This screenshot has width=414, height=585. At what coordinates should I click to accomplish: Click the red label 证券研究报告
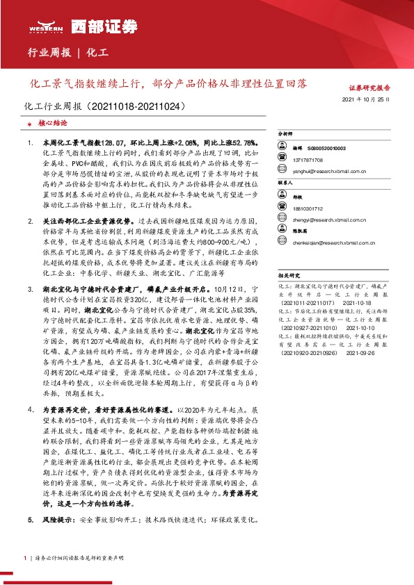coord(369,88)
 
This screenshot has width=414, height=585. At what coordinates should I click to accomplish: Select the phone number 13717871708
coord(308,158)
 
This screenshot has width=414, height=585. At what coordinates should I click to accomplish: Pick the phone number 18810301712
coord(308,208)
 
